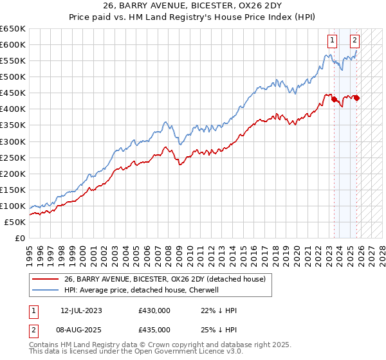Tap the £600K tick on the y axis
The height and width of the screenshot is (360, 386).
click(13, 44)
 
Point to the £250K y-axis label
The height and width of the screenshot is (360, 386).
click(13, 157)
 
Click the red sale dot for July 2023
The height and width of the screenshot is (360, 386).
click(334, 99)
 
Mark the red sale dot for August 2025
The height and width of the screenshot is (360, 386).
click(356, 98)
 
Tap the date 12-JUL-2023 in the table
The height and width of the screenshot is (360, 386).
click(82, 310)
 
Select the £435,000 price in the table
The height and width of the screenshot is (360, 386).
click(154, 329)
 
